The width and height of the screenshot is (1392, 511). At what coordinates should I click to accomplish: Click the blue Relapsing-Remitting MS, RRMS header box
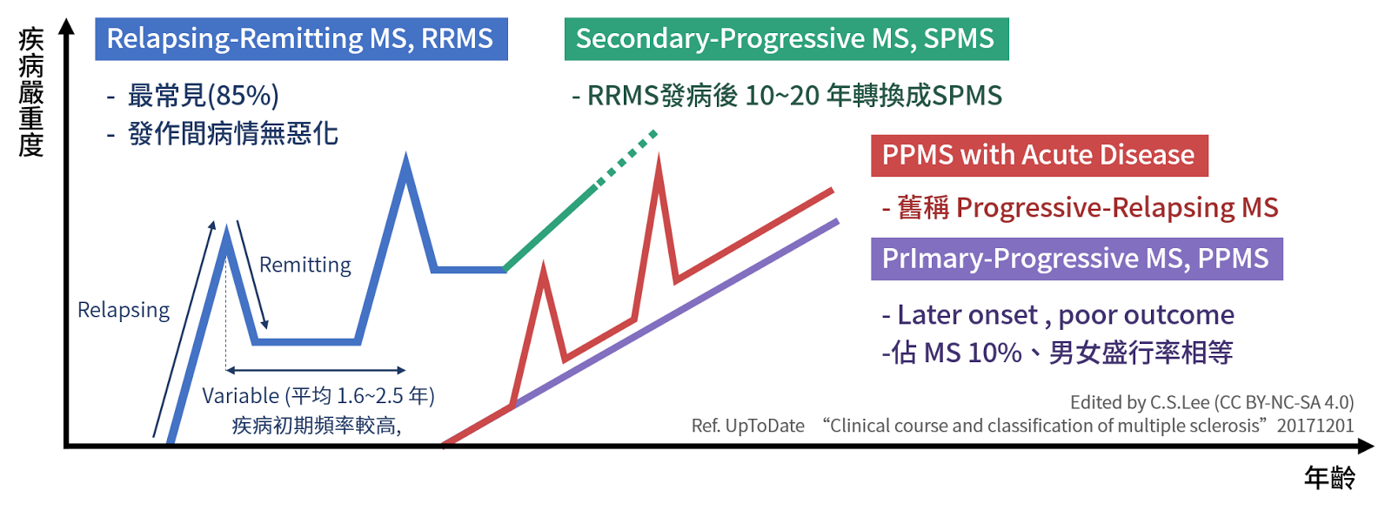coord(301,39)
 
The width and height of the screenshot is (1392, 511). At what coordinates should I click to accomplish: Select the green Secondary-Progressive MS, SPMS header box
coord(786,39)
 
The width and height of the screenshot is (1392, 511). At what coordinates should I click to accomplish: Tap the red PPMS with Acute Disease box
coord(1039,155)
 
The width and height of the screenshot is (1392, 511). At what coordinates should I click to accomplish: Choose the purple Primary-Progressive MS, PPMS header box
coord(1076,259)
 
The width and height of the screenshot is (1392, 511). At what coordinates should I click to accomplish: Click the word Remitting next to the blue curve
coord(304,265)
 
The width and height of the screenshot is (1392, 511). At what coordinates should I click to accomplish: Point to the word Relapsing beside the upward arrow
coord(124,310)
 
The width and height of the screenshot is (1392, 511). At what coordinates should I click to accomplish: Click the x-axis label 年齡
coord(1329,477)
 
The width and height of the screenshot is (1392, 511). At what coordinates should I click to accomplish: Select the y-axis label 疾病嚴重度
coord(31,91)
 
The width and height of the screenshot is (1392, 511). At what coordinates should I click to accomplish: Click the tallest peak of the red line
coord(659,161)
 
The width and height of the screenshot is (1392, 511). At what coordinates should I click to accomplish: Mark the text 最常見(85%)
coord(203,95)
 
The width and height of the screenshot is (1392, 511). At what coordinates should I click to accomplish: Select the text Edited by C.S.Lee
coord(1140,402)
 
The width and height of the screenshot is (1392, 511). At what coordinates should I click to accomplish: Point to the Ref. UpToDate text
coord(748,426)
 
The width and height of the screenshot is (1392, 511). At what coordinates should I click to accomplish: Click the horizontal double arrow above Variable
coord(315,370)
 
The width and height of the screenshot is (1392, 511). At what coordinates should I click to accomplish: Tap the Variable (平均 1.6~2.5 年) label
coord(318,396)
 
